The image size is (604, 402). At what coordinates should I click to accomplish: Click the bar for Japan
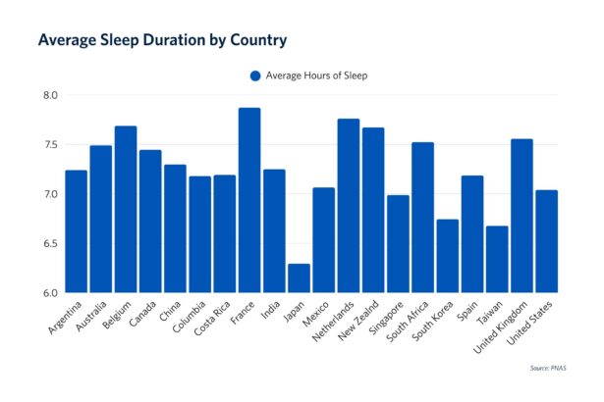point(299,278)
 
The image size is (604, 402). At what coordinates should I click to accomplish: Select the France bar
point(249,201)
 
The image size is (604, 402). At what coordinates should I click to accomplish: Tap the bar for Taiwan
point(497,260)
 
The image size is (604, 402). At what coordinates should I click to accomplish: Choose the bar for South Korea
point(448,256)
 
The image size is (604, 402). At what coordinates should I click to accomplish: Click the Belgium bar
point(126,210)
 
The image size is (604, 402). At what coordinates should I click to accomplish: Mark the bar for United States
point(547,241)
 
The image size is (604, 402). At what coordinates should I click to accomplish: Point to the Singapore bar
point(398,244)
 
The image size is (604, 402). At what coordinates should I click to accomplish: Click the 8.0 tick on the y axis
point(50,95)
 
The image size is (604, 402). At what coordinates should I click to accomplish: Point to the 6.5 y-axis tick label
point(50,243)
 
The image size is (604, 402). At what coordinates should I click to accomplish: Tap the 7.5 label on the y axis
point(50,145)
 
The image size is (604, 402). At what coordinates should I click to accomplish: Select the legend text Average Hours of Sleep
point(316,75)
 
